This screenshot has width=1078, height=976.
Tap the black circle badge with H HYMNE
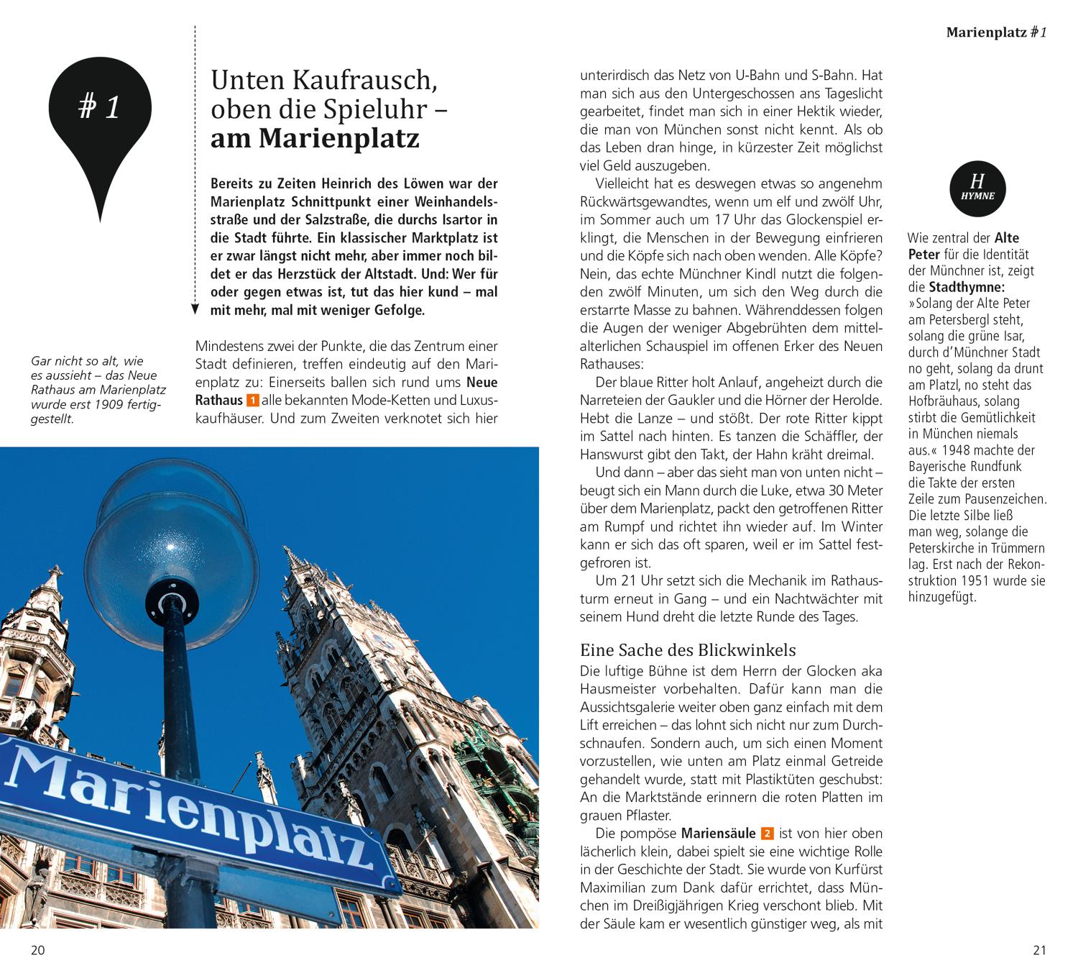coord(977,188)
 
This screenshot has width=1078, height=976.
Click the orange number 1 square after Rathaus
coord(252,401)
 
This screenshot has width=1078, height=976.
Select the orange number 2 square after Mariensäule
coord(767,834)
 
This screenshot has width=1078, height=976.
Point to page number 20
coord(37,950)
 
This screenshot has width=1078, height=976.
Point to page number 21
coord(1039,950)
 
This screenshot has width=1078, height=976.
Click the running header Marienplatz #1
coord(996,32)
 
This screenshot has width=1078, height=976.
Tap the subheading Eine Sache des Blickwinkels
coord(688,650)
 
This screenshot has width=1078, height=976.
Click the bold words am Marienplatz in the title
coord(315,139)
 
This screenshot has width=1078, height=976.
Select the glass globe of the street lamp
coord(172,532)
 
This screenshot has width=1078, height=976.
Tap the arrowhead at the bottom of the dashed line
coord(195,309)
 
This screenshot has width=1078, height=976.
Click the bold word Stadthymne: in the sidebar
coord(967,288)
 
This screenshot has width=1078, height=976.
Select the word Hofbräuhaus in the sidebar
coord(942,401)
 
